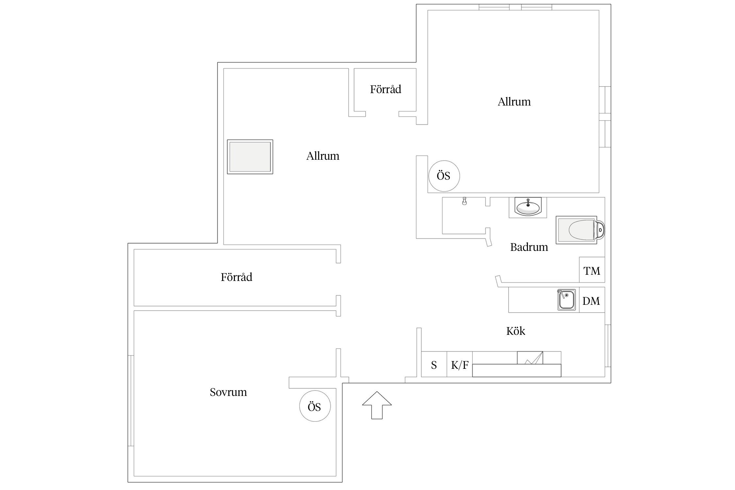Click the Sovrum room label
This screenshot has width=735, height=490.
228,392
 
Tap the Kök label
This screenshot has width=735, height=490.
515,331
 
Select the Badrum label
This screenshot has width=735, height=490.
529,247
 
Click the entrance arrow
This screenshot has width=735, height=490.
377,405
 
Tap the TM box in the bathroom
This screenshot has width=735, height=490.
592,270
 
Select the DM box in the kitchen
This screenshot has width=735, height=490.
592,300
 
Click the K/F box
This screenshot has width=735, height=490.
460,364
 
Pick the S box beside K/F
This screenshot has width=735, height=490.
434,364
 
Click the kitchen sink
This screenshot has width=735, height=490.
566,300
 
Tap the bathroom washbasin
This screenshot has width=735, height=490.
528,207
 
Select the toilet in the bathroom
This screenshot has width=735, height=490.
580,230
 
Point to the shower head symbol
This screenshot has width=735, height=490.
464,201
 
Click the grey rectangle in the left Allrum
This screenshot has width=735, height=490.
250,157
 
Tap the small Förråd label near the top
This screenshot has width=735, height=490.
385,89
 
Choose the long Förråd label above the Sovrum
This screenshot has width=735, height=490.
237,277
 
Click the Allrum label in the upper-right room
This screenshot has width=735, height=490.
514,102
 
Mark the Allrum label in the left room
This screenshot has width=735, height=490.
323,156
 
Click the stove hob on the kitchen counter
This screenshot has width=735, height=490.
530,358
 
